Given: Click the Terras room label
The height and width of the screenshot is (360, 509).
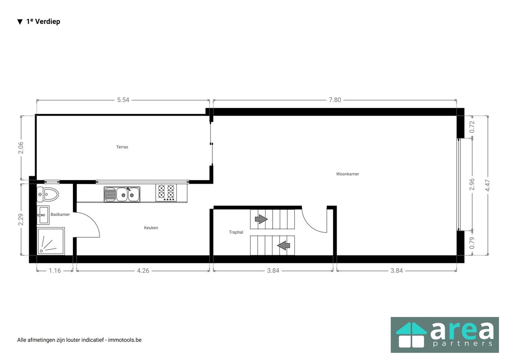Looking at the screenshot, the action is click(x=122, y=147).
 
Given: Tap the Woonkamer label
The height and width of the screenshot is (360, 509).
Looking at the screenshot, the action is click(x=347, y=174).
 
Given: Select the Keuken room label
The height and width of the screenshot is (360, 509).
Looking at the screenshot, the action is click(x=151, y=228).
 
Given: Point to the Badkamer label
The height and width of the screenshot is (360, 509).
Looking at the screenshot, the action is click(x=60, y=215).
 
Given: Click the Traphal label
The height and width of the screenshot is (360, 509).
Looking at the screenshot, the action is click(x=236, y=232).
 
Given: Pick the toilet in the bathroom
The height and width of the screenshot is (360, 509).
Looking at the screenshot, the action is click(x=47, y=195).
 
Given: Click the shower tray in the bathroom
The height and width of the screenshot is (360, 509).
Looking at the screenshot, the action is click(x=51, y=241).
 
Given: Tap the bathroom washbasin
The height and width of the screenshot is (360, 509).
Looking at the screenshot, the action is click(x=43, y=215).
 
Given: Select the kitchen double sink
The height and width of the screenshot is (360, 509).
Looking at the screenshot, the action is click(x=122, y=194).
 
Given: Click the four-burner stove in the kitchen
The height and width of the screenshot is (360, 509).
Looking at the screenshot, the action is click(x=166, y=193).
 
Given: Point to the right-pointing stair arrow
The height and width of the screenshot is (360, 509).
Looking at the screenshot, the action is click(x=261, y=219).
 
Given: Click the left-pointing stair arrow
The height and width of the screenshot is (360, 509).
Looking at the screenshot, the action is click(x=284, y=245).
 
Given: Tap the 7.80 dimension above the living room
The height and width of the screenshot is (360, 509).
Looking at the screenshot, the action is click(x=335, y=100).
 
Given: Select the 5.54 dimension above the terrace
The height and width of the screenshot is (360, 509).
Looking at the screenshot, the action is click(x=123, y=100).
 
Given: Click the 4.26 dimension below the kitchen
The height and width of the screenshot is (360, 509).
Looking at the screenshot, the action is click(x=143, y=271).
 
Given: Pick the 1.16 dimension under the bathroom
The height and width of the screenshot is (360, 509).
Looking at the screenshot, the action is click(x=55, y=271).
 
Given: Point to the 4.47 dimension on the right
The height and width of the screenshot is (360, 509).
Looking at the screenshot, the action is click(x=487, y=185).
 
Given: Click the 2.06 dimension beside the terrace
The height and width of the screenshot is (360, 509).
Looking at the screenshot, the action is click(x=21, y=148).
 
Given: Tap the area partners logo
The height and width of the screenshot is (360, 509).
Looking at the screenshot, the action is click(x=445, y=335).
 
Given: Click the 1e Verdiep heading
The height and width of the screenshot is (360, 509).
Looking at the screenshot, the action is click(x=39, y=22).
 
